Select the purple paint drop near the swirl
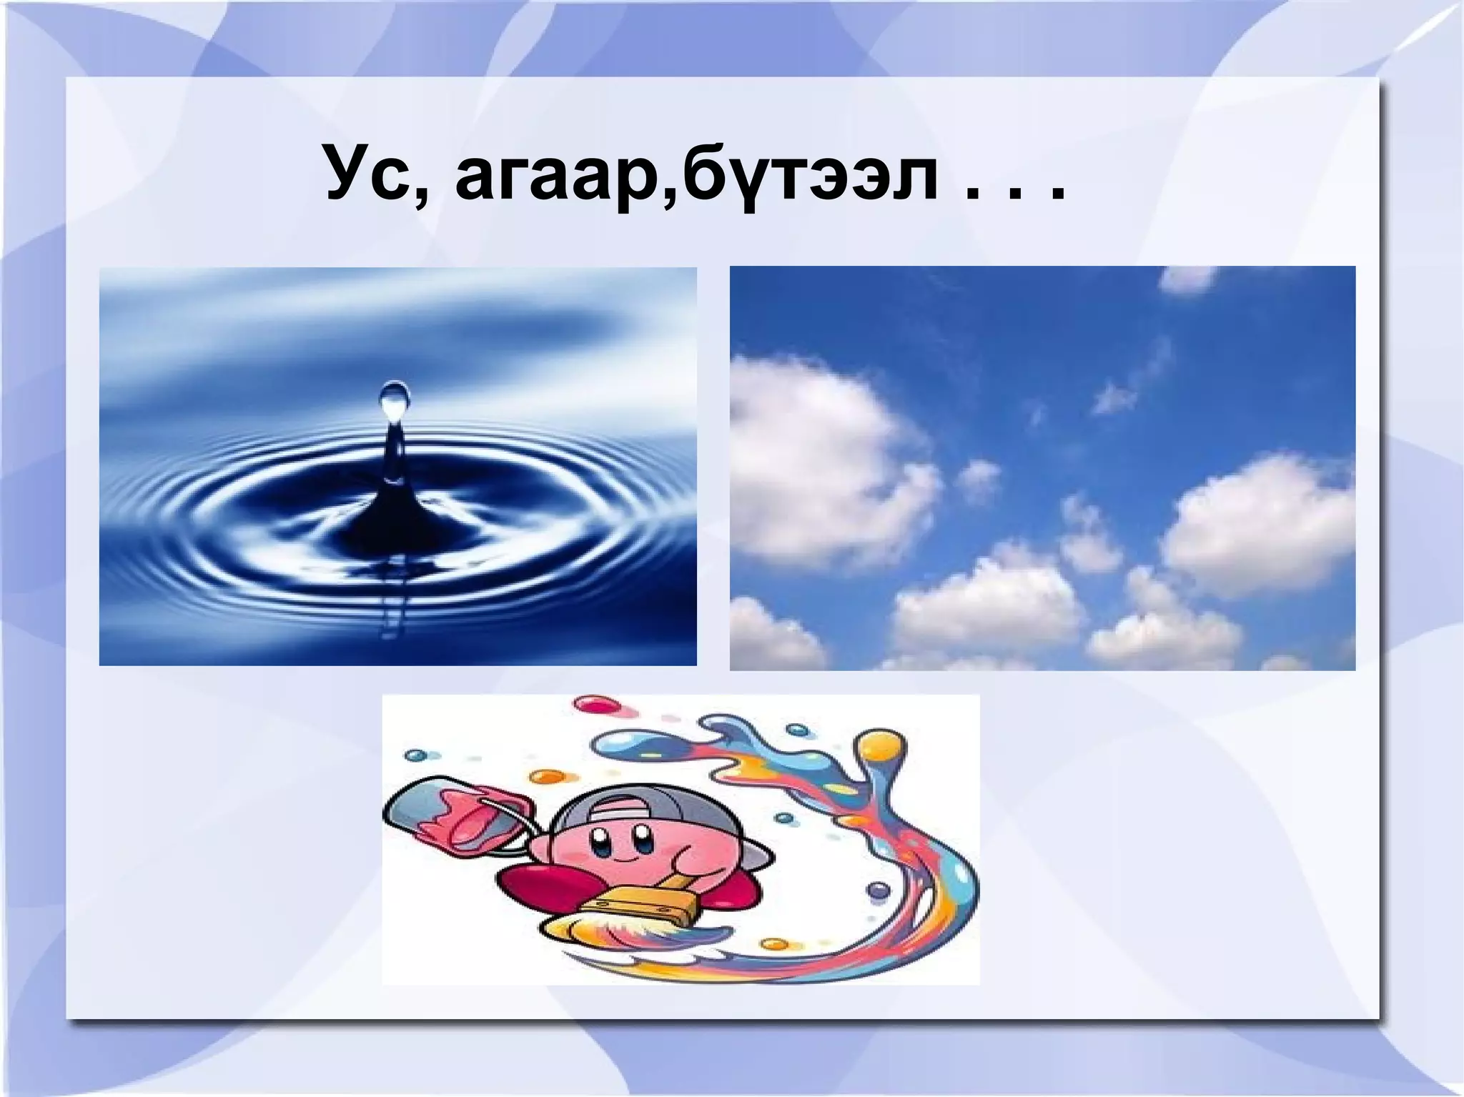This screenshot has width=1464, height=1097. tap(876, 890)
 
